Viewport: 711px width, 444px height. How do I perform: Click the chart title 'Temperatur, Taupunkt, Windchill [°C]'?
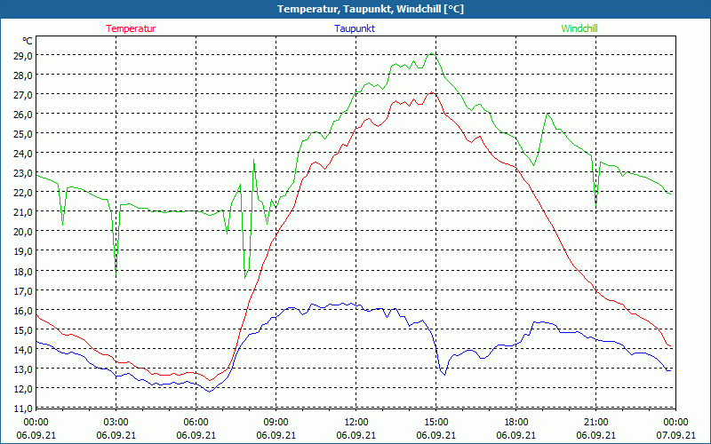[x=356, y=9]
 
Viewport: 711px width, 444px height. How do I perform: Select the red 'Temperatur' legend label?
[x=131, y=28]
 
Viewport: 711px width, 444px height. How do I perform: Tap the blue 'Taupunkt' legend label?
[x=355, y=28]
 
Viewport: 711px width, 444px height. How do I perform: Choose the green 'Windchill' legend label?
[x=579, y=28]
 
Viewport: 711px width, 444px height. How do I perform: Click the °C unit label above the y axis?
[x=28, y=41]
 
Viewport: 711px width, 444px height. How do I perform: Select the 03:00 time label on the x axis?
[x=116, y=422]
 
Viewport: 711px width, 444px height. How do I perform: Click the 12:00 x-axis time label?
[x=356, y=422]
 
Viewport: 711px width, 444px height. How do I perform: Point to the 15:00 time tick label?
[x=436, y=422]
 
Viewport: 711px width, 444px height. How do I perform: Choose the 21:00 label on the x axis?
[x=596, y=422]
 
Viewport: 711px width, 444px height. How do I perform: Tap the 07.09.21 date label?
[x=675, y=435]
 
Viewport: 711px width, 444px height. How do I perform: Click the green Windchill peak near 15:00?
[x=432, y=53]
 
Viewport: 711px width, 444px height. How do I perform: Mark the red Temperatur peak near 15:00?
[x=432, y=91]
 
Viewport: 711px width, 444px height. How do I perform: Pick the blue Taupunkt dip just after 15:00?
[x=444, y=375]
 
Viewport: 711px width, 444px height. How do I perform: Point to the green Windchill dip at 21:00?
[x=595, y=203]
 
